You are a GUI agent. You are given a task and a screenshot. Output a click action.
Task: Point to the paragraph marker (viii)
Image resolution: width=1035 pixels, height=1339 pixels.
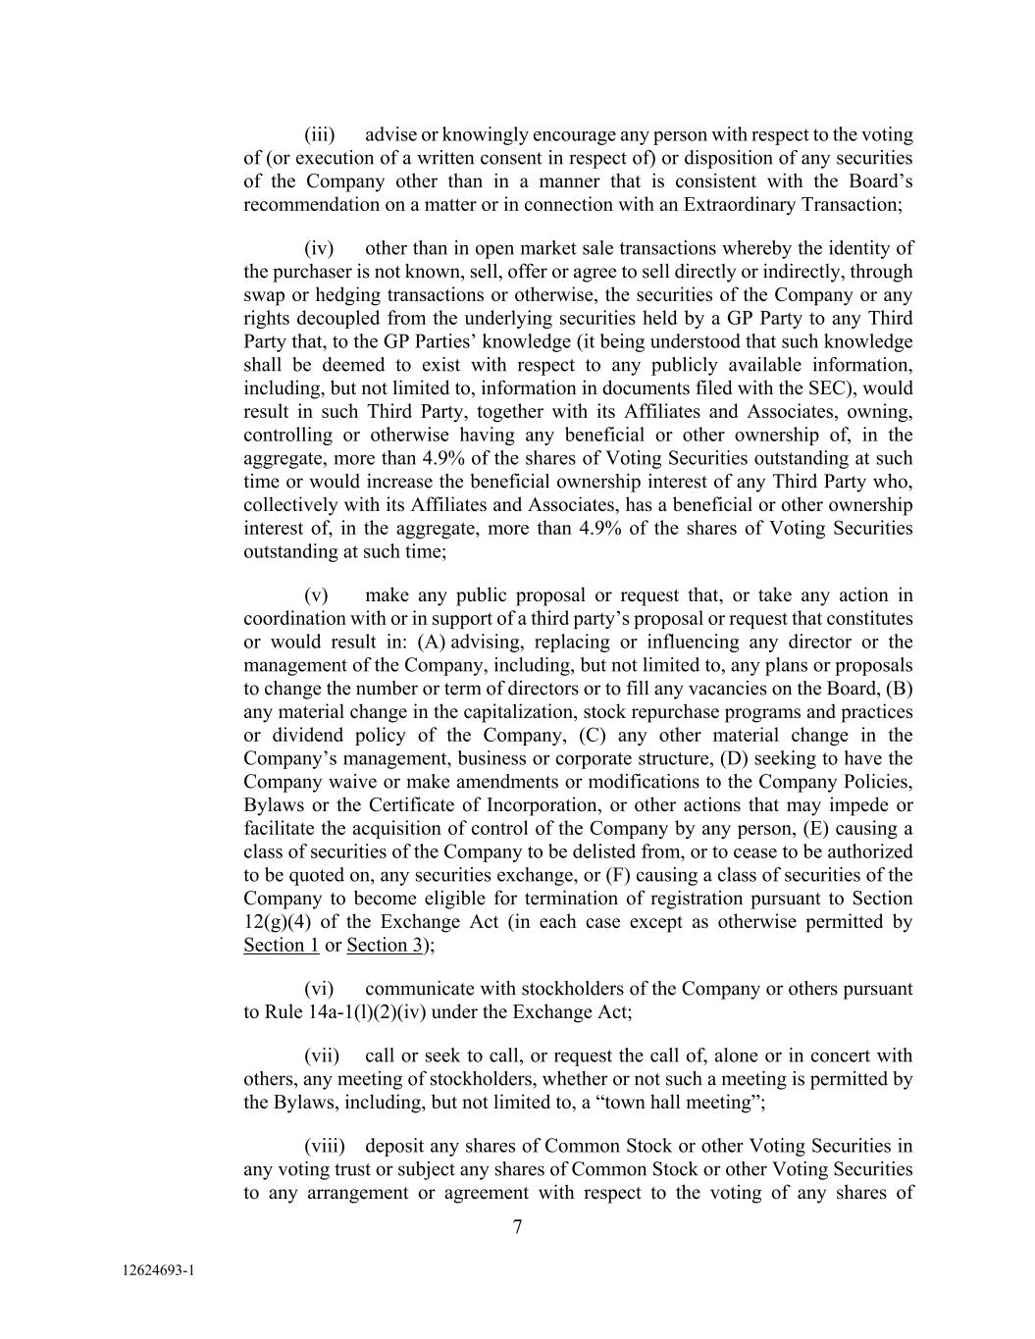coord(323,1146)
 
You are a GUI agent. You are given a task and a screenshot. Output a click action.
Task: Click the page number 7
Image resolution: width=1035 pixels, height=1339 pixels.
coord(517,1226)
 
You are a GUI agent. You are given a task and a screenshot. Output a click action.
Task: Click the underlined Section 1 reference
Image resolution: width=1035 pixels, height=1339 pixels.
coord(281,945)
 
